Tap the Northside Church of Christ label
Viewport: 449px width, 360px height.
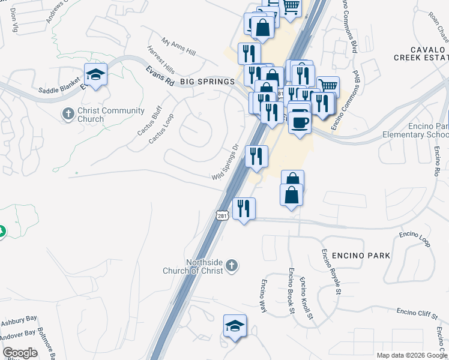pos(193,266)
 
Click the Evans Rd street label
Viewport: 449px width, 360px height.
pos(160,76)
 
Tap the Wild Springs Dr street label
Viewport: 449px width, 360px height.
pos(226,162)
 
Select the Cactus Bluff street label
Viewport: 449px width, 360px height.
pos(149,119)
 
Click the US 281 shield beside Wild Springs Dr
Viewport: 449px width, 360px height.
pos(223,215)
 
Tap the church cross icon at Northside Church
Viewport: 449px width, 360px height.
pos(232,265)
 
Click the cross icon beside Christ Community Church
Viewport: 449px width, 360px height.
pos(68,113)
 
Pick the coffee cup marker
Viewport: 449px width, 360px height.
pos(299,122)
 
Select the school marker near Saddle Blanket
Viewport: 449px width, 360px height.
pos(95,74)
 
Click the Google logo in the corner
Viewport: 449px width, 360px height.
pos(20,353)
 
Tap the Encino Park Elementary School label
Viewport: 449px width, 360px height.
pos(427,130)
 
